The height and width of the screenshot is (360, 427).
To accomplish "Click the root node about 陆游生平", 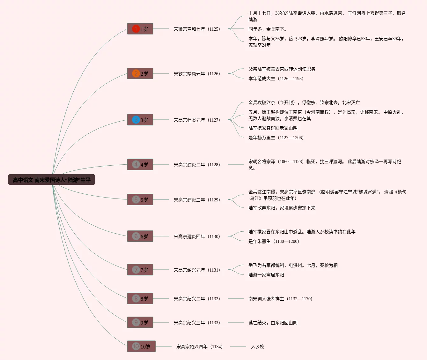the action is click(x=52, y=180).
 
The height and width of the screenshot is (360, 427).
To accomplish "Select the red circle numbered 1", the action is click(x=136, y=29).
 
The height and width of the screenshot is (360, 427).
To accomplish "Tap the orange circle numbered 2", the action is click(x=136, y=74).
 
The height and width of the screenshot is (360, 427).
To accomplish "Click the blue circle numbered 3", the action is click(x=136, y=120).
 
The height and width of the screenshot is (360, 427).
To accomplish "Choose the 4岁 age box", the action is click(x=140, y=165).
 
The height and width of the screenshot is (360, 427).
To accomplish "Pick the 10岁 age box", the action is click(x=141, y=347).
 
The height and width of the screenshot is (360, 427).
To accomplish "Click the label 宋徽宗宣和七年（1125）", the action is click(x=197, y=29).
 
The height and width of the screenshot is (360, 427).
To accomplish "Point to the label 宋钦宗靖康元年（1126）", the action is click(x=197, y=74).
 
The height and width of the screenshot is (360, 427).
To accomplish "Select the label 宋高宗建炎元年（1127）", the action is click(x=197, y=120).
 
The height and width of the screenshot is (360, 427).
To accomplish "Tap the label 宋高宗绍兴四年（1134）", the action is click(x=199, y=347).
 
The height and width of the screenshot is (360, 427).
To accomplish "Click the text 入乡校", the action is click(x=258, y=347).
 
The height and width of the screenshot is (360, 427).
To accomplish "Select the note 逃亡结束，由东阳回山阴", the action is click(x=273, y=323).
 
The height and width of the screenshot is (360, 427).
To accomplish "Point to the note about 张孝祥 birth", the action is click(x=280, y=299).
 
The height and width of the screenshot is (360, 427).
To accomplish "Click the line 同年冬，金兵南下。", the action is click(x=268, y=29).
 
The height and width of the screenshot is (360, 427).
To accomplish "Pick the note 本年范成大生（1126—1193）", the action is click(x=276, y=79).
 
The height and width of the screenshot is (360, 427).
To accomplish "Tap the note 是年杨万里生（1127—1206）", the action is click(x=276, y=138).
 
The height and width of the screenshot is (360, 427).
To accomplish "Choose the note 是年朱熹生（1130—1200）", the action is click(x=274, y=241).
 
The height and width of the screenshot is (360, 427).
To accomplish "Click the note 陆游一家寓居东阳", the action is click(x=266, y=275).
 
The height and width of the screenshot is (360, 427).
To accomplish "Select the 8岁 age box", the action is click(x=140, y=299).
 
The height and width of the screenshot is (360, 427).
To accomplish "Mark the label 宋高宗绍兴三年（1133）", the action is click(x=197, y=323).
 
